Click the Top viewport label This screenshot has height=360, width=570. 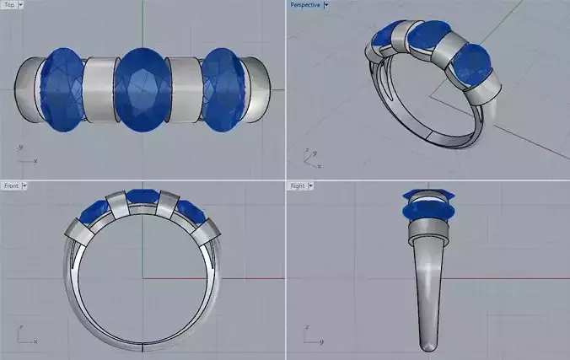pos(9,4)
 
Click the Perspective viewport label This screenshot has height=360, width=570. pos(304,4)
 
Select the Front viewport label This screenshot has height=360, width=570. pos(11,185)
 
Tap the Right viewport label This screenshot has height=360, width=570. pos(298,185)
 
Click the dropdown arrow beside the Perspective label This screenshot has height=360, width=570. pos(326,4)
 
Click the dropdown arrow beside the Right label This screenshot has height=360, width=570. pos(311,185)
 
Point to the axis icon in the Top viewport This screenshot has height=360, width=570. pos(25,155)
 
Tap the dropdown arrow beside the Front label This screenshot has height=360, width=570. pos(24,185)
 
